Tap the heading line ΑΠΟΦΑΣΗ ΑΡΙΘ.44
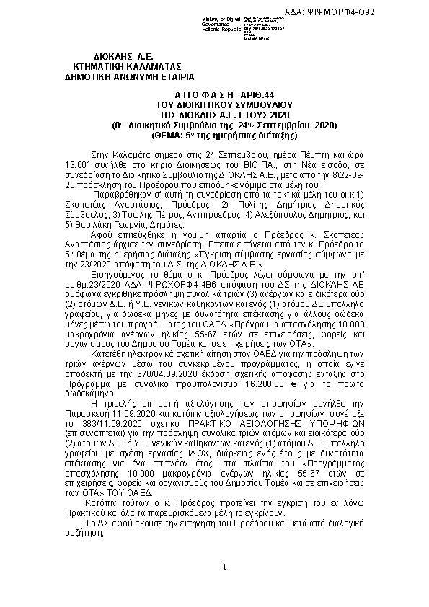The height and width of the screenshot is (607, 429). coord(216,94)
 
